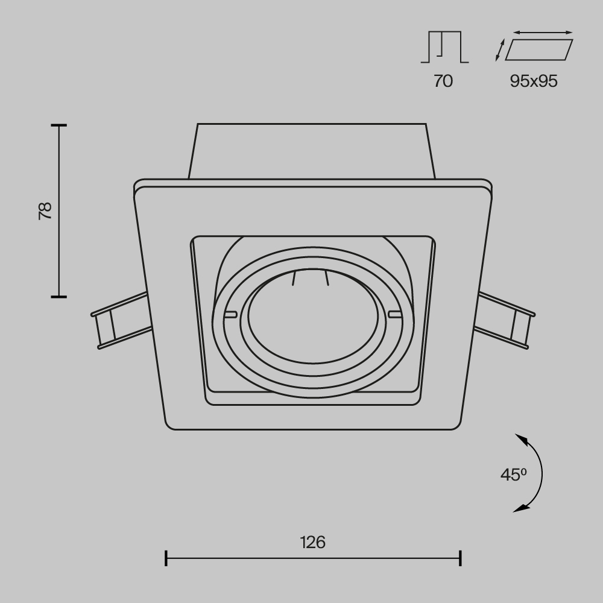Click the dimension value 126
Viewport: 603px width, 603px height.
point(313,542)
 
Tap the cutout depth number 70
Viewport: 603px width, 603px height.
point(443,81)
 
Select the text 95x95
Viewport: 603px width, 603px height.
point(534,81)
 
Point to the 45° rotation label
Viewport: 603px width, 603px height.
point(513,475)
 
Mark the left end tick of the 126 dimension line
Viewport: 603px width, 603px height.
point(166,558)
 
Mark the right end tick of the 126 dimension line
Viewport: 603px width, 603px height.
point(461,558)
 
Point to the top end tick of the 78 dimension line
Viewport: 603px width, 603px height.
point(58,125)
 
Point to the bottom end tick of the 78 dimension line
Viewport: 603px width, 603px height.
point(58,296)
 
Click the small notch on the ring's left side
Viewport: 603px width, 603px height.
point(229,314)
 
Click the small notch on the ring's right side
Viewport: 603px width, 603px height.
point(395,314)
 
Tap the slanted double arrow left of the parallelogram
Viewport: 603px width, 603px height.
point(499,50)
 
